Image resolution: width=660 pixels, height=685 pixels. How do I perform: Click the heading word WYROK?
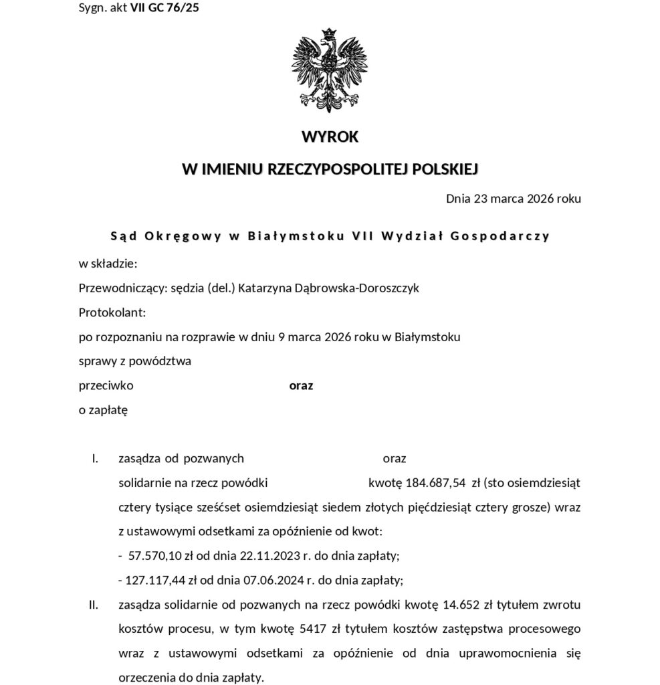click(x=330, y=137)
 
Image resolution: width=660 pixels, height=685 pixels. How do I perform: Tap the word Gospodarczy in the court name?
click(x=508, y=235)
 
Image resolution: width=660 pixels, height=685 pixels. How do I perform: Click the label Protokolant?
click(x=112, y=312)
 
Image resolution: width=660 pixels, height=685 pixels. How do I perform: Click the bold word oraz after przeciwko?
click(x=301, y=386)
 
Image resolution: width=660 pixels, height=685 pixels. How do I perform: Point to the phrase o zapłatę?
click(x=103, y=410)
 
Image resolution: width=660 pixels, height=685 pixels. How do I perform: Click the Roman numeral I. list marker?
click(x=95, y=459)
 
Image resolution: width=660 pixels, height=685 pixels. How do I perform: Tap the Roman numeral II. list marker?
click(x=94, y=605)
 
